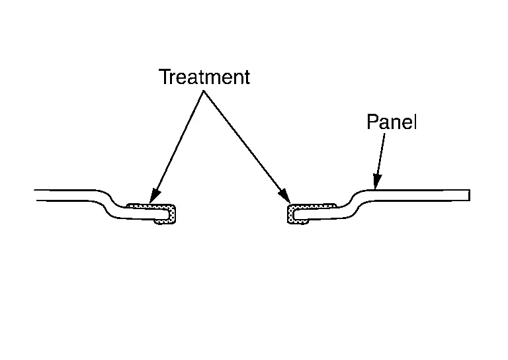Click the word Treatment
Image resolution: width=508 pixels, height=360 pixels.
coord(204,77)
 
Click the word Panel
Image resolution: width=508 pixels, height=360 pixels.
coord(392,122)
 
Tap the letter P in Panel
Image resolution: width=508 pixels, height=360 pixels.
coord(372,122)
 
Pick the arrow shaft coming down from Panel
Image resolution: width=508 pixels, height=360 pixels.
coord(380,156)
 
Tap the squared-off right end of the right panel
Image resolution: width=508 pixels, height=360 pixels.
coord(468,195)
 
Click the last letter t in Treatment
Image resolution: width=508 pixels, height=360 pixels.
coord(247,77)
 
